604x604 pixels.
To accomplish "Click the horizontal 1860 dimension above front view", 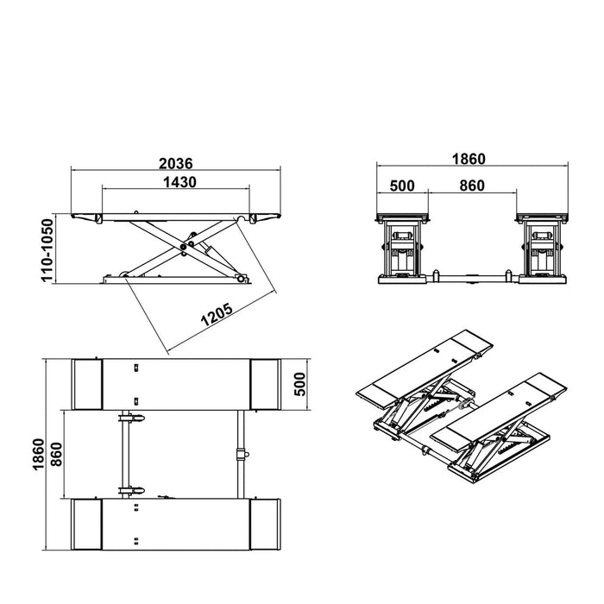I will point(469,158).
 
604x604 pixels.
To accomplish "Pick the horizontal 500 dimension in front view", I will point(403,185).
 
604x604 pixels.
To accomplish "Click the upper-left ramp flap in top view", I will point(86,384).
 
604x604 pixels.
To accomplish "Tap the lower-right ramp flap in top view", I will point(264,524).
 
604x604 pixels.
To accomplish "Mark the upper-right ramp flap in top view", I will point(264,384).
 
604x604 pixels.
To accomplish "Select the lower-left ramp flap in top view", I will point(86,524).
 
